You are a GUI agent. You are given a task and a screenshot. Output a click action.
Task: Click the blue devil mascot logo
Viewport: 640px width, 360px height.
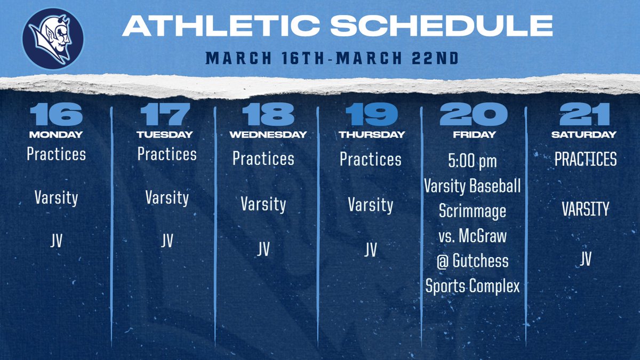click(52, 38)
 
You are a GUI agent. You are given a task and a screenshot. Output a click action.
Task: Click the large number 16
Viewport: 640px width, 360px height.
click(55, 115)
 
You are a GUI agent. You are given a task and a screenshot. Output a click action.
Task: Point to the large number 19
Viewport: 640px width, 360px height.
click(371, 115)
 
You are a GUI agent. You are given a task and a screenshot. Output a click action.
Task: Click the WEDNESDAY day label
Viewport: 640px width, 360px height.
click(268, 135)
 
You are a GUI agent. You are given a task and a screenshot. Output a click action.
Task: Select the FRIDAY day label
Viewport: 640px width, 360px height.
click(474, 135)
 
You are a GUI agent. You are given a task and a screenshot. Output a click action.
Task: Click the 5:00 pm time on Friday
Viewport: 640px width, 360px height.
click(472, 161)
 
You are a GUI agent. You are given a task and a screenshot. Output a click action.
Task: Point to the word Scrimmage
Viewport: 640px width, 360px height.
click(472, 211)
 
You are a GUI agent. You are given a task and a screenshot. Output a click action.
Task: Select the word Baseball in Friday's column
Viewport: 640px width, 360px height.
click(495, 186)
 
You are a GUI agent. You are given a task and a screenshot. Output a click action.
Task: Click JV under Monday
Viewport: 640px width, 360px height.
click(55, 241)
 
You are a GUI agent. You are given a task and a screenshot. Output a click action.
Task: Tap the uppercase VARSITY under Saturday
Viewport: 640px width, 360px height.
click(585, 209)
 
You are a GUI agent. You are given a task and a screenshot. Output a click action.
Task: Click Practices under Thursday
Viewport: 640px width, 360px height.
click(371, 159)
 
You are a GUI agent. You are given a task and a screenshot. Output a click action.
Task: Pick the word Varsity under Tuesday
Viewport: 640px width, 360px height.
click(166, 198)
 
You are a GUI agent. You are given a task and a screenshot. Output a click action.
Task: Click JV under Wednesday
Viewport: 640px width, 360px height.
click(263, 249)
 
